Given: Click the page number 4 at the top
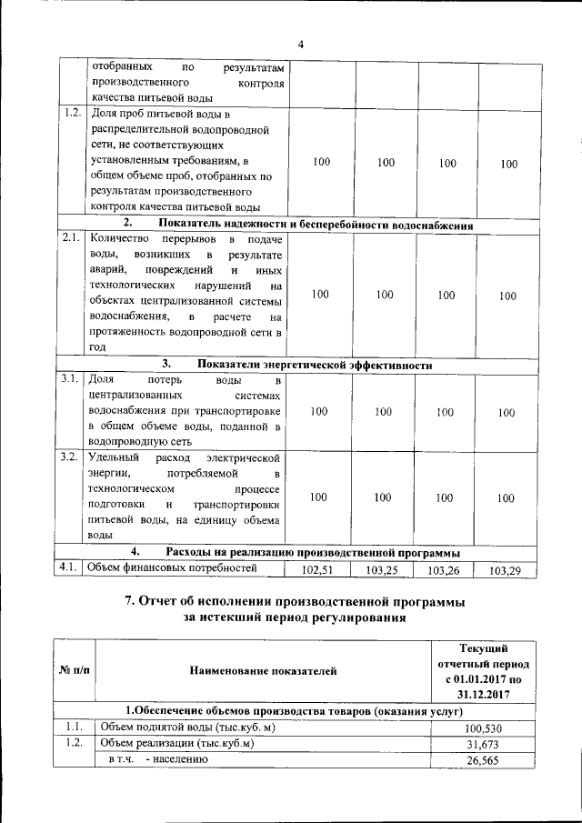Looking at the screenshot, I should pos(300,45).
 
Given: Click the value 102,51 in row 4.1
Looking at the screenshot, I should pos(318,571).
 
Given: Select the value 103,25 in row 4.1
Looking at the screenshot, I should pos(383,571).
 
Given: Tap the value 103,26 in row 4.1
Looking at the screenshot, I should pos(445,571).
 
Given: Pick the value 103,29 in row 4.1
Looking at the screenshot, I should pos(507,571).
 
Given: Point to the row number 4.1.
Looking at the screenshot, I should pos(70,568).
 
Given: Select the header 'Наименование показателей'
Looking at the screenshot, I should pos(263,671).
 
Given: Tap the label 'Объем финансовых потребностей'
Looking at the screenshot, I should pos(172,568).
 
